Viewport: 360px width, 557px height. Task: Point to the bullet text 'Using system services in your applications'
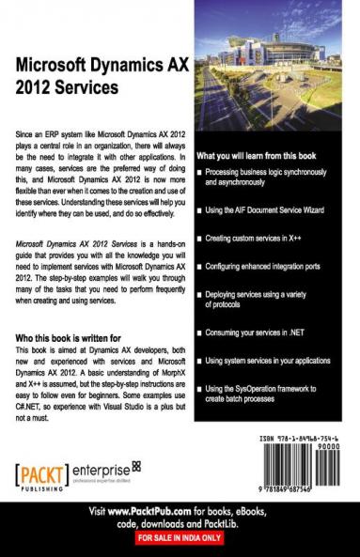click(277, 360)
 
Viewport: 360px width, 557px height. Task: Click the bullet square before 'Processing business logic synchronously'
click(200, 173)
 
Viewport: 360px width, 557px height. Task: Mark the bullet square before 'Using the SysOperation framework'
click(200, 388)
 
